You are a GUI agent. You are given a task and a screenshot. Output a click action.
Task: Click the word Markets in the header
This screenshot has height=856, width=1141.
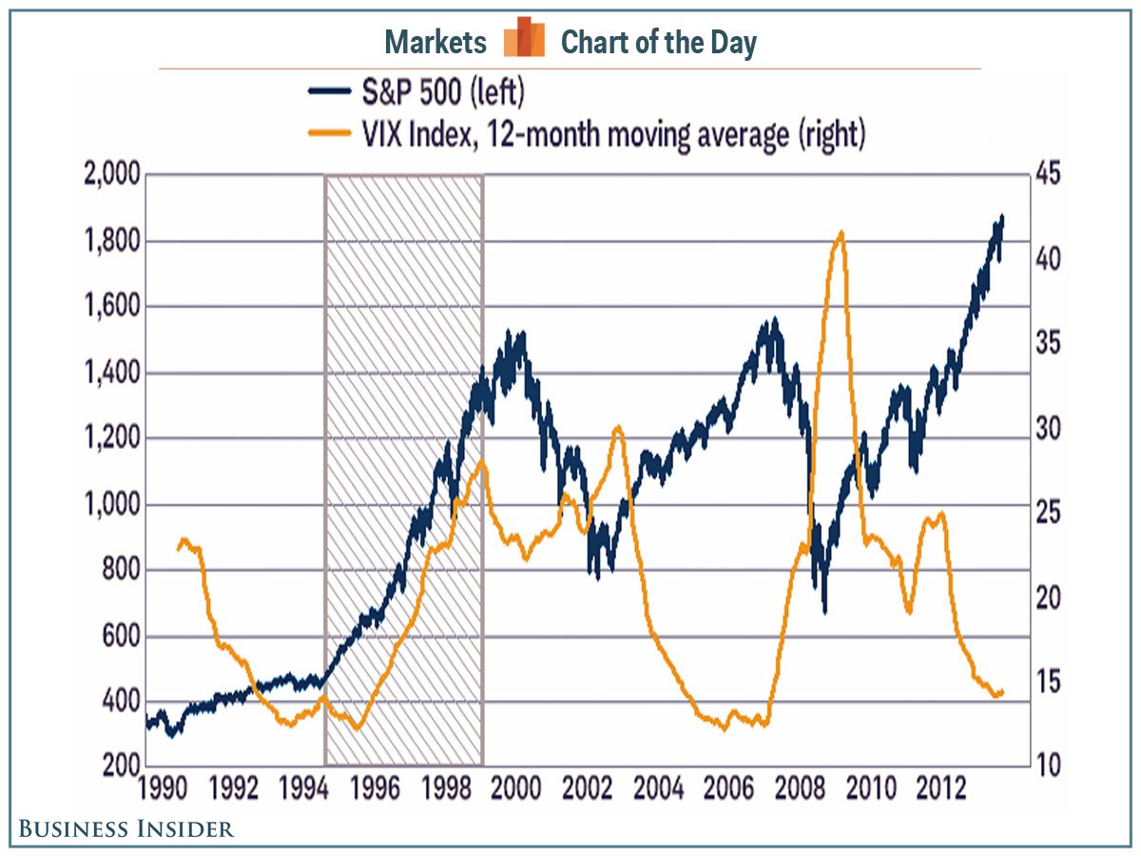pos(435,42)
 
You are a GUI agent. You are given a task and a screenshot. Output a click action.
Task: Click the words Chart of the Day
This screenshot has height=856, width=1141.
pos(658,42)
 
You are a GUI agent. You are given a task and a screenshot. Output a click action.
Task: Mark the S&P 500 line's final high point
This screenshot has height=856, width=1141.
pos(1002,217)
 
